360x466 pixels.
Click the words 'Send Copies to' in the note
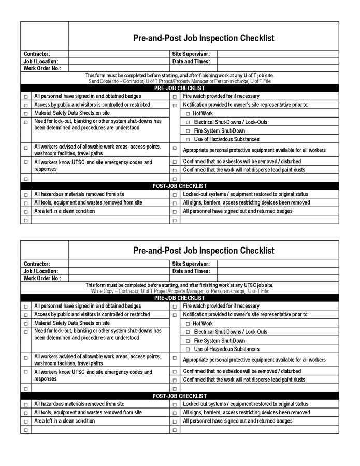[x=105, y=81]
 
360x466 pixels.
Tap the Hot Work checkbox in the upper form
[x=188, y=114]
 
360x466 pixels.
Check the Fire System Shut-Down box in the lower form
[x=188, y=341]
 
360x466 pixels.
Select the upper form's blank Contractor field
[x=119, y=54]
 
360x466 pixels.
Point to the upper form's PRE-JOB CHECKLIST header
[x=180, y=88]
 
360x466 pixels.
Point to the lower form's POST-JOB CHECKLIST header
[x=180, y=396]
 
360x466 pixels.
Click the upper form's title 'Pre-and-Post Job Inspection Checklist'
[x=204, y=38]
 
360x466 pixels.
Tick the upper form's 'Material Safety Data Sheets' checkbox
[x=26, y=113]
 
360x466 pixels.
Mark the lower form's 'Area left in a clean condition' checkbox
[x=26, y=421]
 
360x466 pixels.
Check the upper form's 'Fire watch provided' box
[x=175, y=97]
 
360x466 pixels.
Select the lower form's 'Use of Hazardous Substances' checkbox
[x=188, y=349]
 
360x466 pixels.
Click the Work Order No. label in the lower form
[x=42, y=278]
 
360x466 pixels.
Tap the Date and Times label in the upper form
[x=191, y=61]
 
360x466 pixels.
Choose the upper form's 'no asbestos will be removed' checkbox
[x=175, y=162]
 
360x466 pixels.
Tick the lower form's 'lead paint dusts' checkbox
[x=175, y=381]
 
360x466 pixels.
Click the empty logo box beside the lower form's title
[x=45, y=250]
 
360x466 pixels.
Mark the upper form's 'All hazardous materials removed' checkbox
[x=26, y=195]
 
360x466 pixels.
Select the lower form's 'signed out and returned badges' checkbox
[x=175, y=421]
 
